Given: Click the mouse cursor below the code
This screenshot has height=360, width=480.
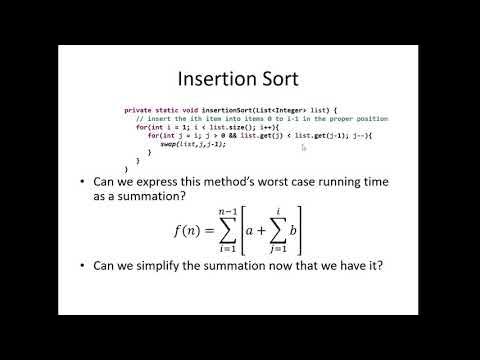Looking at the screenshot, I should [x=303, y=148].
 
